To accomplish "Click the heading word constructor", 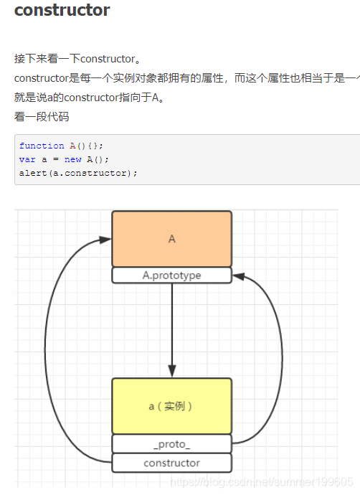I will tap(62, 11).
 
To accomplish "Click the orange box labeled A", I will tap(171, 239).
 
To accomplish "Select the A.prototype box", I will tap(171, 275).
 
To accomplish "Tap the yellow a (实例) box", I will tap(171, 406).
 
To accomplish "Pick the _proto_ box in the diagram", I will tap(171, 444).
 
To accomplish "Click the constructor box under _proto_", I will tap(171, 463).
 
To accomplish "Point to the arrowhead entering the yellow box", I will tap(171, 371).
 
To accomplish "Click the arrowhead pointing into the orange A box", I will tap(105, 240).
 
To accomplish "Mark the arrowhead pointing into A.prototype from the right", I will tap(240, 275).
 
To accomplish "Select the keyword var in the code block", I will tap(27, 159).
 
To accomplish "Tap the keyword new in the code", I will tap(72, 159).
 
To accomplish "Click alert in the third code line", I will tap(33, 173).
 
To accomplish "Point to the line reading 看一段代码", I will tap(42, 116).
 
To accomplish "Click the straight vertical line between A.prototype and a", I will tap(171, 323).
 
